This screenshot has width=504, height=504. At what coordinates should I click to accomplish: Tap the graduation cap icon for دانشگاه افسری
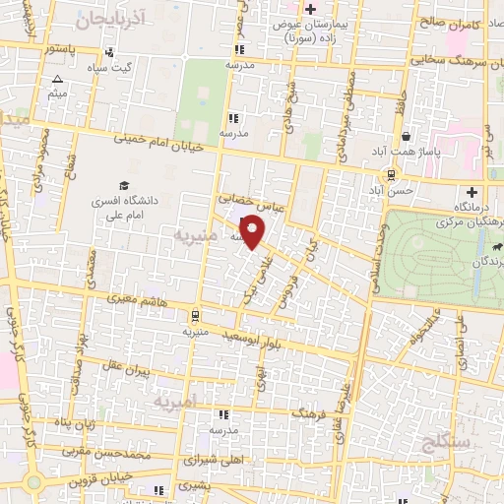pyautogui.click(x=124, y=185)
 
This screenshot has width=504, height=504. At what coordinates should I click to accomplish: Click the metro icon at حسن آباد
pyautogui.click(x=392, y=175)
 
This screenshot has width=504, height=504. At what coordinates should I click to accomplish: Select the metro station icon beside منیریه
pyautogui.click(x=195, y=316)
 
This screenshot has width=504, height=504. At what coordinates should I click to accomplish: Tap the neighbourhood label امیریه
pyautogui.click(x=182, y=401)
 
